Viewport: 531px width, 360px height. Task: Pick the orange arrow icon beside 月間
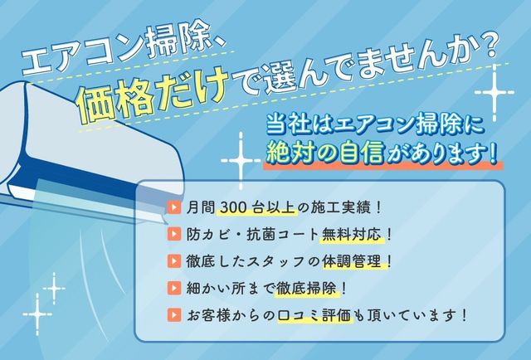tap(174, 207)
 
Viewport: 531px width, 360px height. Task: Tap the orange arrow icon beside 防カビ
tap(174, 234)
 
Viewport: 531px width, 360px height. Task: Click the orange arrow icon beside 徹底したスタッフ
tap(174, 260)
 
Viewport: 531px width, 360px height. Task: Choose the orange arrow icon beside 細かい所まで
tap(174, 288)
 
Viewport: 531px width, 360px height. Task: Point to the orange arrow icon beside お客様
tap(174, 315)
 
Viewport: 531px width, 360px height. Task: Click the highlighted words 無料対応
tap(352, 234)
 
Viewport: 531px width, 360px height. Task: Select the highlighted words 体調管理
tap(352, 261)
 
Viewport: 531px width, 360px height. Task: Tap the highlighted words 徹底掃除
tap(306, 288)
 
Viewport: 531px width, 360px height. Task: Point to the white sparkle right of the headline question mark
tap(494, 92)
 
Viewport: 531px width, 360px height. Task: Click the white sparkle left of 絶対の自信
tap(241, 161)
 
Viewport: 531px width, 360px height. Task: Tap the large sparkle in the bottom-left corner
tap(37, 314)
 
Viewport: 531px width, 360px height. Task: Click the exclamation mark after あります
tap(492, 153)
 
